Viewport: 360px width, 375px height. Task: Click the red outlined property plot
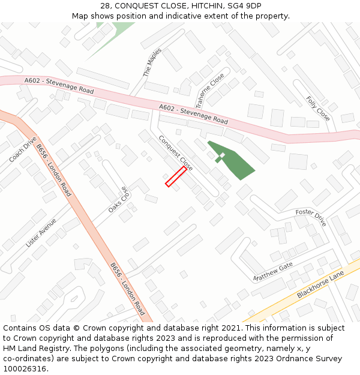(176, 176)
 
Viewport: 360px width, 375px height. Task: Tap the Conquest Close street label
(175, 153)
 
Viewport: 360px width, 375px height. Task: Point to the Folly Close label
(317, 108)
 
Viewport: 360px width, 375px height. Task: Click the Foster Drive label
(311, 217)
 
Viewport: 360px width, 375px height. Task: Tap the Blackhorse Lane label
(320, 285)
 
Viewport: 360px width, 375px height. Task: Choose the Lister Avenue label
(41, 233)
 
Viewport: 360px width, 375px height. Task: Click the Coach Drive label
(23, 149)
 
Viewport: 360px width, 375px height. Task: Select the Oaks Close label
(119, 200)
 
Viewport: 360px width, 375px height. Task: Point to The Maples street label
(152, 62)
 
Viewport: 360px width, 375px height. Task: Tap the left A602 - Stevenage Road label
(59, 85)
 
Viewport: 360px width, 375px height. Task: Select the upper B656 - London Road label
(53, 170)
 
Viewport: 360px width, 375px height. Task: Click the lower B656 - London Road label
(127, 289)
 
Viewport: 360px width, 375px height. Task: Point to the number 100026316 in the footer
(24, 369)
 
